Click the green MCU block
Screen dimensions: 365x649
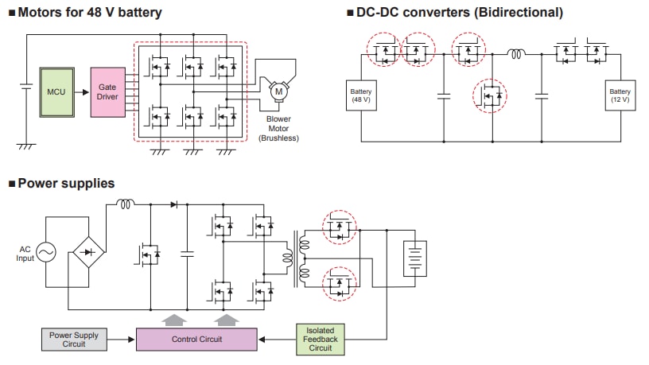(x=55, y=91)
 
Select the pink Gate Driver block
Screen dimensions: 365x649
(x=107, y=91)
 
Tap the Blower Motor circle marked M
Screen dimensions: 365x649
(x=278, y=92)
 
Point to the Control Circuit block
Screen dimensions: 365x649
(x=196, y=339)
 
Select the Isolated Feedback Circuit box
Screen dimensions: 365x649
(x=321, y=339)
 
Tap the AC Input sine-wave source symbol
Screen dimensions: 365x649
(x=45, y=253)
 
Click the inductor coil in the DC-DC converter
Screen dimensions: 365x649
(x=517, y=55)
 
